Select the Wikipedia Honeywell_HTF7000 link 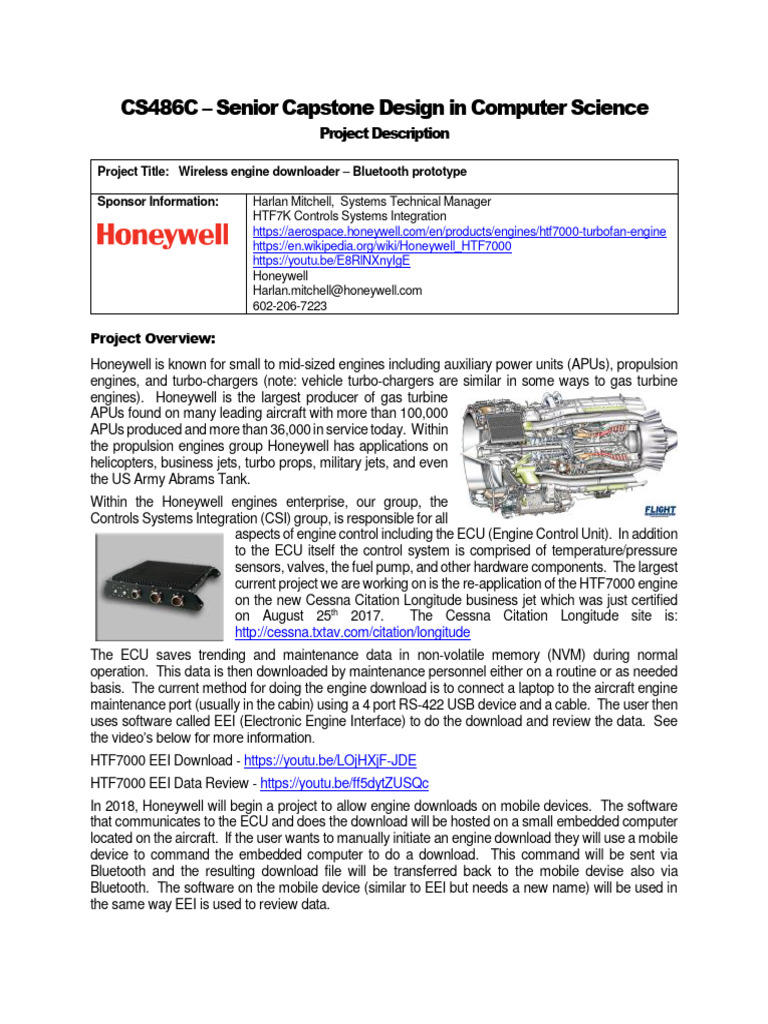pos(382,245)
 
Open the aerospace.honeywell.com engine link pos(459,231)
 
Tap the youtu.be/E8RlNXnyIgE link pos(332,260)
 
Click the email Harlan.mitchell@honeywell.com pos(338,290)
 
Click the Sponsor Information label pos(158,201)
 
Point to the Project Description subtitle pos(384,133)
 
